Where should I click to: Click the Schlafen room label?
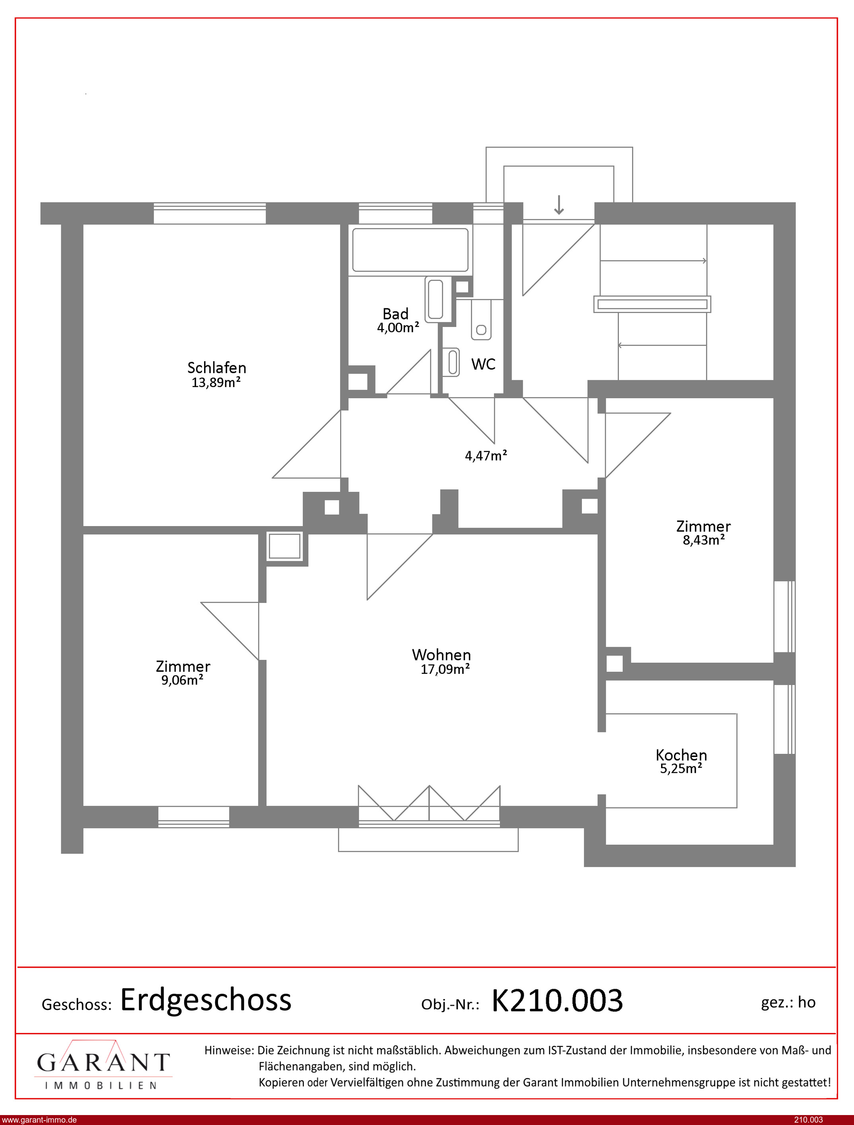click(216, 368)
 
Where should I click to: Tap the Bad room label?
click(395, 313)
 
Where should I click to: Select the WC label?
click(483, 364)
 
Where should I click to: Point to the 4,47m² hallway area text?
click(486, 456)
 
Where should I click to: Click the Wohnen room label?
click(441, 654)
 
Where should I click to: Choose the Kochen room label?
click(681, 755)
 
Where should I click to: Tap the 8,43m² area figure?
click(704, 540)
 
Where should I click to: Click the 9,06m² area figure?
click(183, 680)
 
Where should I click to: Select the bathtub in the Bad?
click(410, 250)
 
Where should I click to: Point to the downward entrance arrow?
click(559, 205)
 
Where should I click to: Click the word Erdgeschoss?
click(206, 1000)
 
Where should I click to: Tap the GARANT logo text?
click(103, 1062)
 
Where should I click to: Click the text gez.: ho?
click(788, 1002)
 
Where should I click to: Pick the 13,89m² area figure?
click(216, 382)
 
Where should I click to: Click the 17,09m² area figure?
click(445, 669)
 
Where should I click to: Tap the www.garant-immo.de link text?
click(39, 1120)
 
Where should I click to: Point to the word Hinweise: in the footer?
click(229, 1050)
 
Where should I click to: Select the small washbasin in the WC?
click(452, 362)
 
